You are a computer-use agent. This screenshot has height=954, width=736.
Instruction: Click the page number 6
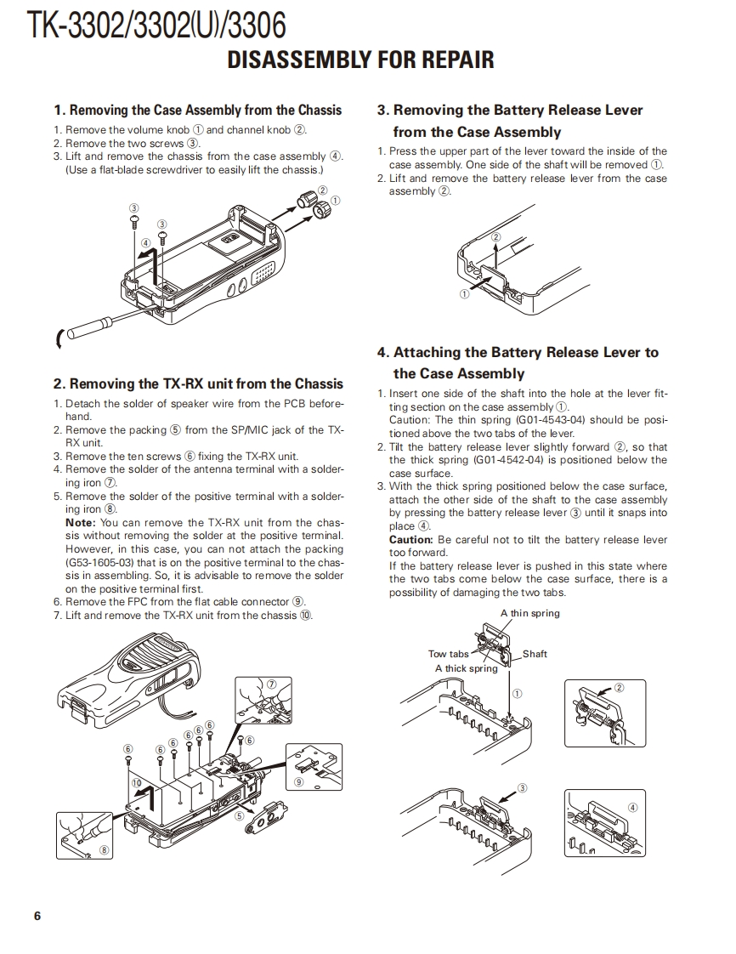(x=37, y=916)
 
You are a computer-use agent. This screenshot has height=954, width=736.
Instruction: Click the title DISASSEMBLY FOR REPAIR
(x=360, y=60)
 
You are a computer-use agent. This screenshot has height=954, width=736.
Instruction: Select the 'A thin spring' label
(x=529, y=613)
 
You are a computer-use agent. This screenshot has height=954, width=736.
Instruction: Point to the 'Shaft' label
(x=535, y=654)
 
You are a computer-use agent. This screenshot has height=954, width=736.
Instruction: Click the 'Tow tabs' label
(x=448, y=654)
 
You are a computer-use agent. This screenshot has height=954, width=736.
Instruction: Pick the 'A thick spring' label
(x=466, y=668)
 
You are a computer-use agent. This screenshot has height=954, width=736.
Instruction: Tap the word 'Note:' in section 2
(x=81, y=523)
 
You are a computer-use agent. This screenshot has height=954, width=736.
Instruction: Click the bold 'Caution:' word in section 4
(x=411, y=540)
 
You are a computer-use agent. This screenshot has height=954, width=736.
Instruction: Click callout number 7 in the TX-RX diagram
(x=272, y=684)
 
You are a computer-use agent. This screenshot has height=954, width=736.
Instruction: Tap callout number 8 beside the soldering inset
(x=105, y=849)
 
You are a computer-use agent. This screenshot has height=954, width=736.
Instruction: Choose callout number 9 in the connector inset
(x=298, y=781)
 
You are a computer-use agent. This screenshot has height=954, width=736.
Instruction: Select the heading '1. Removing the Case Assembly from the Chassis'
(x=197, y=110)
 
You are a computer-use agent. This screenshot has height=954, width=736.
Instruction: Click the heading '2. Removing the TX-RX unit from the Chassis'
(x=198, y=383)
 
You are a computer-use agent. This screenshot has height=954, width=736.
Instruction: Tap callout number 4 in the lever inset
(x=632, y=807)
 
